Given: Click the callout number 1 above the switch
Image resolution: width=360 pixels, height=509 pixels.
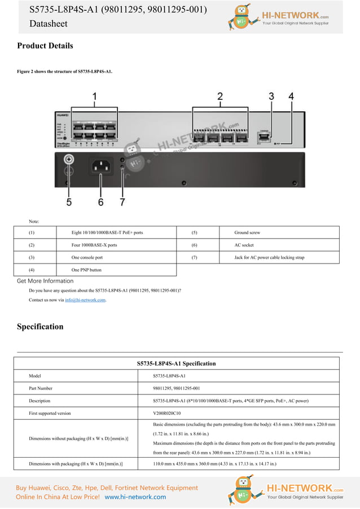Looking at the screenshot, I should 94,96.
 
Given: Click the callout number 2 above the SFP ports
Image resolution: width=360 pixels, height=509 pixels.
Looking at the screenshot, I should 220,96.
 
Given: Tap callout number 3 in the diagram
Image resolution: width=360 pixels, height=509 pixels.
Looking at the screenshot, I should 271,96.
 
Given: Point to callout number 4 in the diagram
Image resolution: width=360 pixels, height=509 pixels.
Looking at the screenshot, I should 291,96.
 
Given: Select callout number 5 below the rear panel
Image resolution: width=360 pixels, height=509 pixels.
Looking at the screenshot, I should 69,201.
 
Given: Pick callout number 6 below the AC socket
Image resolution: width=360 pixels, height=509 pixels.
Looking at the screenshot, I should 100,201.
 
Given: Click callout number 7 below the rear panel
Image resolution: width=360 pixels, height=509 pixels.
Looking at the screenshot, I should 122,201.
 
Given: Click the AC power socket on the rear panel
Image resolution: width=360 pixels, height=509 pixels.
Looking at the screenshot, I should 100,166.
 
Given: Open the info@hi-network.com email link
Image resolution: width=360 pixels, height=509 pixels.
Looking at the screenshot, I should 85,300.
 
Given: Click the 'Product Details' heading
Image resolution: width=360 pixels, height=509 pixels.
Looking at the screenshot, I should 45,46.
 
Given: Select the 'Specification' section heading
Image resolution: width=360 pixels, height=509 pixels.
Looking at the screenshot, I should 40,327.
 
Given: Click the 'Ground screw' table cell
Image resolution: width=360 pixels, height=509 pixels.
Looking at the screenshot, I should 247,232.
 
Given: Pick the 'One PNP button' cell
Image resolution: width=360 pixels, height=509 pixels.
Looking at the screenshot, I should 86,270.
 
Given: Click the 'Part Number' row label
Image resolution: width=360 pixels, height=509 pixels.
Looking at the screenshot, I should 41,388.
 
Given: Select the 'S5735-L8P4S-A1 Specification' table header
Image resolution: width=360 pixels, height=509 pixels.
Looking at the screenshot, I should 176,363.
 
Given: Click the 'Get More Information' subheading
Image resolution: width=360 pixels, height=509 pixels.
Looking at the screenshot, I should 45,281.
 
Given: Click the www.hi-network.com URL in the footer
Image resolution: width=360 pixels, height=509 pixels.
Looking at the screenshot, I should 135,497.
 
